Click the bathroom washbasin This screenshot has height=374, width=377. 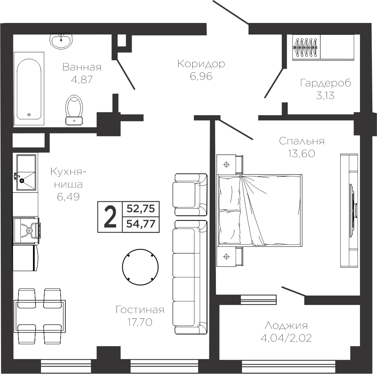point(61,41)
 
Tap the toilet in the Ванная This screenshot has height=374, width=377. point(74,110)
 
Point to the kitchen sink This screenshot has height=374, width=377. point(26,172)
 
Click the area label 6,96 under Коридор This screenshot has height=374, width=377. point(201,76)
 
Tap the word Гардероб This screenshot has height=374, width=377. point(325,83)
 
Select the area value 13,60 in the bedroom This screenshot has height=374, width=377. point(302,153)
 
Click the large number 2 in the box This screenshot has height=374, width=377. point(110,217)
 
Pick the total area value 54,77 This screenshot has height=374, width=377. point(141,224)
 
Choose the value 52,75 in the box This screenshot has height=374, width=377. point(141,209)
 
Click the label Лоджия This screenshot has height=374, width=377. point(286,326)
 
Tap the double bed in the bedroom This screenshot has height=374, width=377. point(260,210)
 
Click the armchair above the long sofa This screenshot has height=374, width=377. point(190,194)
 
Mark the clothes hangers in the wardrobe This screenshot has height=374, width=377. point(305,47)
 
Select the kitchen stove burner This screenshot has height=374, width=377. point(29,230)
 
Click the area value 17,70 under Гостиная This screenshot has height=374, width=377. point(140,322)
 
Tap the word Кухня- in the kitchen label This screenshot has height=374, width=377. point(68,172)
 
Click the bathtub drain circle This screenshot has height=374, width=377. point(29,114)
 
